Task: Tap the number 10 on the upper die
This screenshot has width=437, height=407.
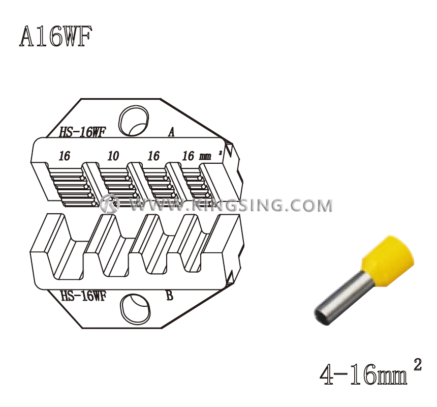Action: tap(113, 156)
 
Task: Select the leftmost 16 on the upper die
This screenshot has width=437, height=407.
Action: tap(64, 156)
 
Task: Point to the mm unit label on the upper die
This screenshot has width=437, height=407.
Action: tap(205, 157)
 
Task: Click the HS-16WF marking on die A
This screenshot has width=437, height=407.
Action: tap(82, 132)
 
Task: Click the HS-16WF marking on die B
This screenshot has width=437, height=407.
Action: tap(83, 296)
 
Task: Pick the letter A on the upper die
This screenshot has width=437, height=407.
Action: tap(171, 132)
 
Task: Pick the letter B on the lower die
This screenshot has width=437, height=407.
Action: tap(169, 296)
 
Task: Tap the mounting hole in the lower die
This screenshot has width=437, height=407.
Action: tap(135, 309)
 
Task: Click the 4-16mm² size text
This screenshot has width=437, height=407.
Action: tap(370, 374)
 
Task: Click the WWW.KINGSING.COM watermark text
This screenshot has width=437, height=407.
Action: tap(231, 206)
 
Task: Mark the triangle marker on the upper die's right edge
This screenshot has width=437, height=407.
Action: tap(230, 151)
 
